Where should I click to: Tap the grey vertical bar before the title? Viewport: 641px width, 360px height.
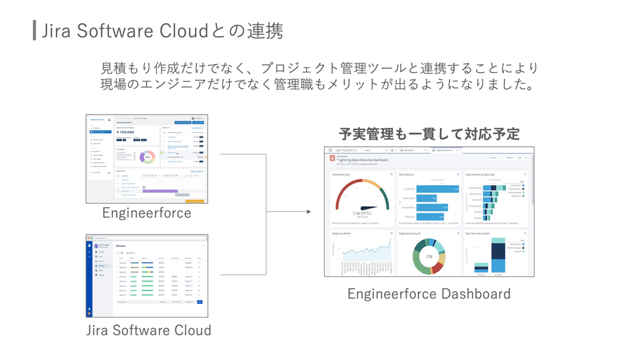pyautogui.click(x=34, y=31)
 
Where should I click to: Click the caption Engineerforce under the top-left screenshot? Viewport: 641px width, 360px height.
pyautogui.click(x=147, y=213)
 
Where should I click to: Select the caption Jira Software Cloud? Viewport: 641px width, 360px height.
pyautogui.click(x=148, y=330)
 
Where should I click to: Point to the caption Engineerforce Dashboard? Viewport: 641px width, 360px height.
pyautogui.click(x=429, y=294)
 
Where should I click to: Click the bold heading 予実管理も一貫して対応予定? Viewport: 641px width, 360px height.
pyautogui.click(x=429, y=134)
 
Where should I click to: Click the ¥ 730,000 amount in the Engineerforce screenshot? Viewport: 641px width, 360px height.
pyautogui.click(x=126, y=132)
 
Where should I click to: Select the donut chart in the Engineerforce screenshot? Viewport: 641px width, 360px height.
pyautogui.click(x=146, y=156)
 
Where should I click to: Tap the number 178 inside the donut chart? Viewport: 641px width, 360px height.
pyautogui.click(x=430, y=256)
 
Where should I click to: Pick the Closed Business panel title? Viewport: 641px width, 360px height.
pyautogui.click(x=342, y=175)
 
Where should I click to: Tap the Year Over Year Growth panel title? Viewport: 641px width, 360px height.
pyautogui.click(x=480, y=233)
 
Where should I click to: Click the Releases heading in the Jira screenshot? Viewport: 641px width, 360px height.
pyautogui.click(x=121, y=246)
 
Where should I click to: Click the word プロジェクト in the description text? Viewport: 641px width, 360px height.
pyautogui.click(x=300, y=69)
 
